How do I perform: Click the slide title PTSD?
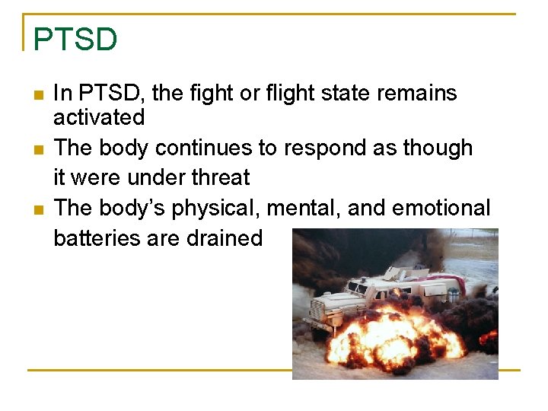(x=75, y=39)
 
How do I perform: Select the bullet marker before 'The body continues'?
(x=38, y=149)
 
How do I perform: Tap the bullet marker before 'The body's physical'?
(x=38, y=209)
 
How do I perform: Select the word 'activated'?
(x=99, y=117)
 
